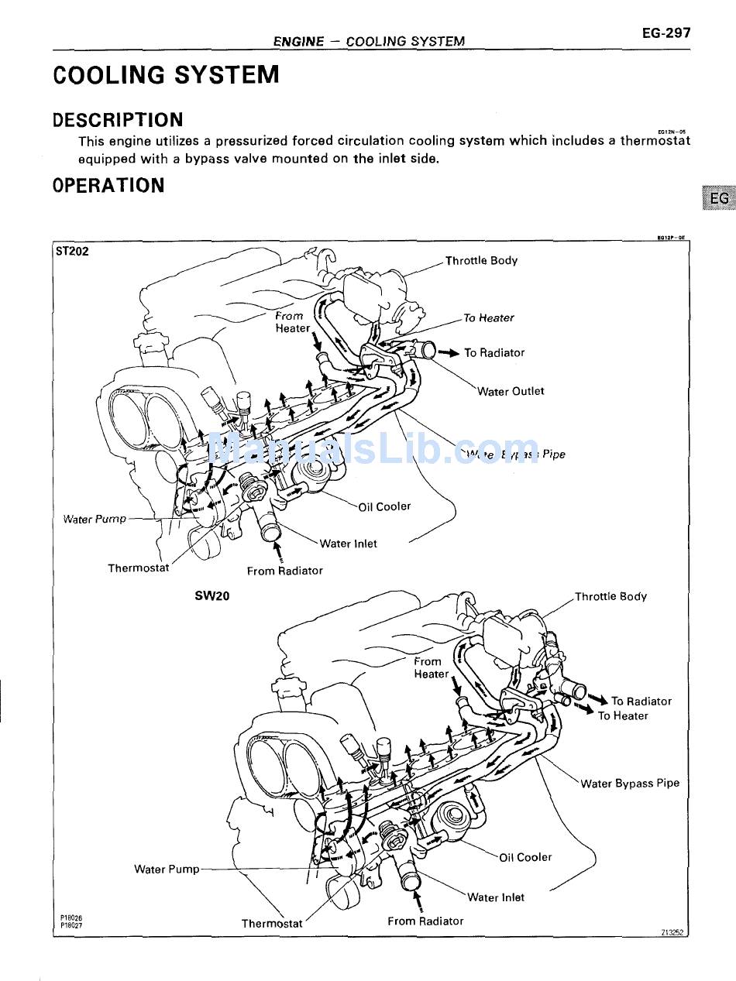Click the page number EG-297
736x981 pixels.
[x=665, y=33]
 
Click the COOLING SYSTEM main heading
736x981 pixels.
[x=166, y=75]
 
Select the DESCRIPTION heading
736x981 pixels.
[x=118, y=120]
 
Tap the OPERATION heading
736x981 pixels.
[x=108, y=186]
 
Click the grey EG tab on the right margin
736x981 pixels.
[x=718, y=198]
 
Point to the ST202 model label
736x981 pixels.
[x=72, y=251]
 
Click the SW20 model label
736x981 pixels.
[x=212, y=596]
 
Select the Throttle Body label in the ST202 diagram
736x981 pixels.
[x=481, y=260]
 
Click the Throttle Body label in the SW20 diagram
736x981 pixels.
[x=610, y=596]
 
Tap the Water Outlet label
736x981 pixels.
[x=511, y=391]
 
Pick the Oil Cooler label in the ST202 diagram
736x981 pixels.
[x=384, y=506]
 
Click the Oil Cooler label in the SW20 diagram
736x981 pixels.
[x=525, y=857]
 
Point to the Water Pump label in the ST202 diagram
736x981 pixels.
[x=95, y=519]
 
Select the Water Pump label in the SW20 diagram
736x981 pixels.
[x=167, y=869]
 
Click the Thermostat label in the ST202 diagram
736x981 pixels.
[x=138, y=568]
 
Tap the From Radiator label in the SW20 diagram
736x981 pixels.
[x=425, y=921]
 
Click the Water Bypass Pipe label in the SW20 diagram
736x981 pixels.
[x=630, y=783]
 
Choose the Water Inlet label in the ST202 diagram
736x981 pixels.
[x=348, y=544]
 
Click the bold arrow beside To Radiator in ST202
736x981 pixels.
[x=449, y=352]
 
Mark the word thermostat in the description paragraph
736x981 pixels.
[x=655, y=141]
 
